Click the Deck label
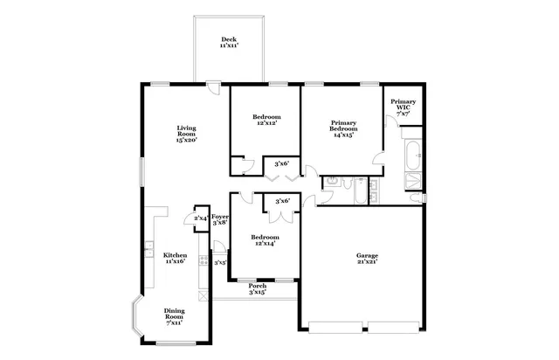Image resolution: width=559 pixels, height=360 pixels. coord(229,42)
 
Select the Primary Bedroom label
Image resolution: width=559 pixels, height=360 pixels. coord(345,128)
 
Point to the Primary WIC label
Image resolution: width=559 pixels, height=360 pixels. coord(403,107)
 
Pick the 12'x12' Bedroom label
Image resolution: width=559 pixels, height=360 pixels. coord(266,121)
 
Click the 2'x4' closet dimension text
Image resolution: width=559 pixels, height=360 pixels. coord(200,218)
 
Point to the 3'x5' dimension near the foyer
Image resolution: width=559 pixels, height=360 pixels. coord(220,261)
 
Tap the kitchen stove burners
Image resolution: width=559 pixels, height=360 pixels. coord(203,260)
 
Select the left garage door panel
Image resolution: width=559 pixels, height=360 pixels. coord(335,329)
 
